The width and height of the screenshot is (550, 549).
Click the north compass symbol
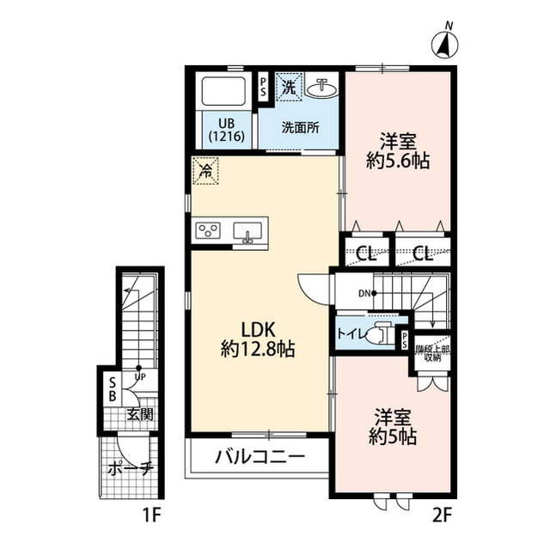444,44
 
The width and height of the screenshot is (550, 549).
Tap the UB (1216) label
226,130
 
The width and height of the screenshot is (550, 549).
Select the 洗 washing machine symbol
289,87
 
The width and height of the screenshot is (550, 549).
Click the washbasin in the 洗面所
321,87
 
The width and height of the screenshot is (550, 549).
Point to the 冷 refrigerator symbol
205,171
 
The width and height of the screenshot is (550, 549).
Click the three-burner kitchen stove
208,230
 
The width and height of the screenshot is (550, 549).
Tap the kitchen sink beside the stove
247,232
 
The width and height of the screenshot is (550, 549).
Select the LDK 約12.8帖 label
258,339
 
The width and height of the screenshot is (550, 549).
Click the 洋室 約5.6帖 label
398,151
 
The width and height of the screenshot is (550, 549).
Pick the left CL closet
366,252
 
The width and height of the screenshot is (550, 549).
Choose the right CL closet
423,252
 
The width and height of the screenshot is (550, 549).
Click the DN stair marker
367,293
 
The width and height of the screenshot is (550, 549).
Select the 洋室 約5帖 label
393,427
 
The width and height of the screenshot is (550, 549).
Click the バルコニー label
260,457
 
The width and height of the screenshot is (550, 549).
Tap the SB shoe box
113,388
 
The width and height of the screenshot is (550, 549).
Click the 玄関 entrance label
140,414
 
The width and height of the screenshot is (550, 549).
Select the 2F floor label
441,515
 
